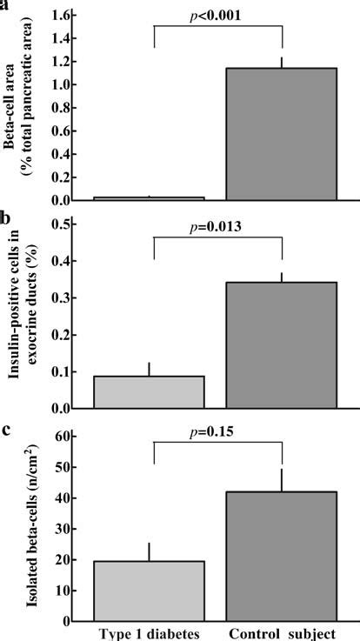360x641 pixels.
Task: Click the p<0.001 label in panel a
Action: point(218,15)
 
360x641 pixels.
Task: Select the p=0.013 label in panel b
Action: point(218,227)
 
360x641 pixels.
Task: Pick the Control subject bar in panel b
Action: point(282,344)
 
